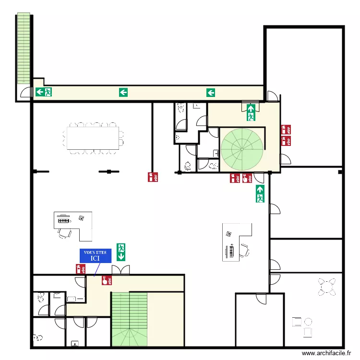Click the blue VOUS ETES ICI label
[95, 255]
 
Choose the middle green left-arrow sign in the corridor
[123, 92]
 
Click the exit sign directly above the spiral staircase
[250, 112]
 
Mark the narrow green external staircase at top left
[23, 48]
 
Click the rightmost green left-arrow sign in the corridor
[210, 92]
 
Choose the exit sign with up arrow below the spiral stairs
[260, 193]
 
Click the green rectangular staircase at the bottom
[129, 319]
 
